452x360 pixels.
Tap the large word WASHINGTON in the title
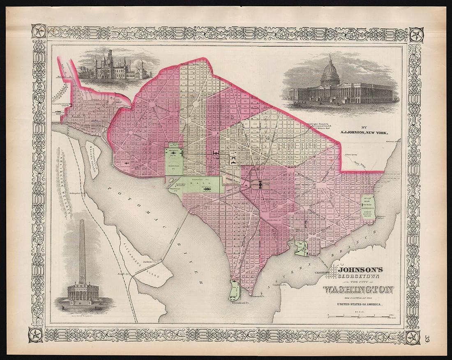tap(357, 290)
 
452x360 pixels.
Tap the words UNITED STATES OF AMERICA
tap(360, 304)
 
